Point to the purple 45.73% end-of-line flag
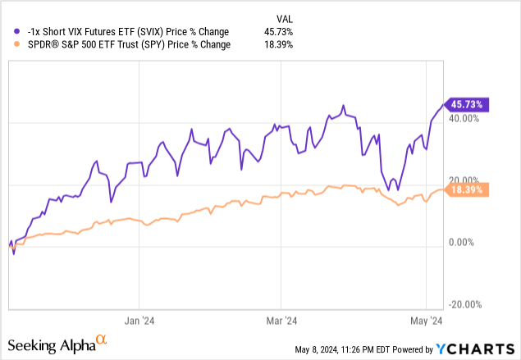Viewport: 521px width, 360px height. click(x=467, y=104)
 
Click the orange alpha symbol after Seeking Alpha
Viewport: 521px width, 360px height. click(x=102, y=339)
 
